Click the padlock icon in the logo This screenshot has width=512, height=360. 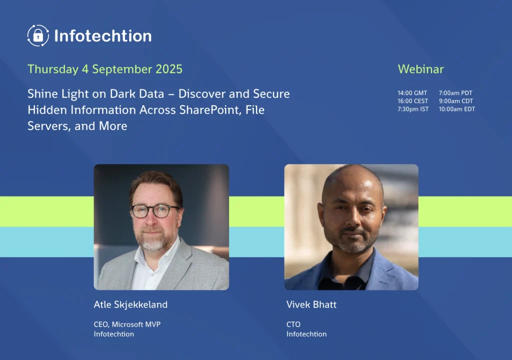coord(38,35)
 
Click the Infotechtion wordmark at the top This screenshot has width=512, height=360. coord(103,35)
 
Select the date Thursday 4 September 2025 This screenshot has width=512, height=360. coord(105,69)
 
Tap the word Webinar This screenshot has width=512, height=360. coord(420,69)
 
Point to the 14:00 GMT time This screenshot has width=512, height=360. coord(412,93)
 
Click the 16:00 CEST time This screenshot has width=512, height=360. coord(412,101)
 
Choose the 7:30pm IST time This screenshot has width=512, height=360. coord(413,109)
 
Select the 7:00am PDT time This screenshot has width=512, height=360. coord(455,93)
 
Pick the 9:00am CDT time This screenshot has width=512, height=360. coord(456,101)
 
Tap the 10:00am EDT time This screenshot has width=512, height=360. coord(457,109)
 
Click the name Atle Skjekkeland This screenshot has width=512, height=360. coord(130,304)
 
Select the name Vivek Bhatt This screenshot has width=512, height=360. coord(311,304)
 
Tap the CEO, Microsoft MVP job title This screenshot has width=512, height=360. coord(127,324)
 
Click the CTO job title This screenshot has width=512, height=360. coord(293,324)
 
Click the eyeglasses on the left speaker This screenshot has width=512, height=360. coord(155,210)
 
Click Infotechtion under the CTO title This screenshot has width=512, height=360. coord(306,334)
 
